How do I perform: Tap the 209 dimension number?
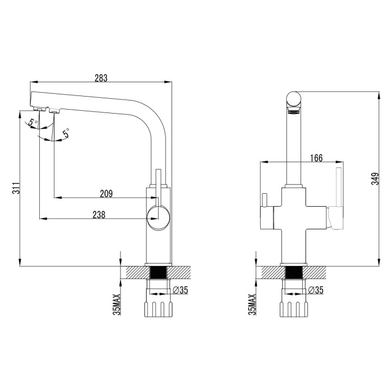coord(106,194)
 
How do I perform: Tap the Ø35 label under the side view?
coord(180,290)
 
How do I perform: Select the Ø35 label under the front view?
coord(315,290)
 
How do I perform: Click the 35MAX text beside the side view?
coord(116,303)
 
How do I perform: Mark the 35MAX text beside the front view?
coord(252,303)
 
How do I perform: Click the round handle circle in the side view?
coord(157,216)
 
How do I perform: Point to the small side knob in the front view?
coord(264,201)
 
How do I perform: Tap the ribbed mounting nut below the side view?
coord(159,308)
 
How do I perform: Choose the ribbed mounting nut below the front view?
coord(294,308)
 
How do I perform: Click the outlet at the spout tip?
coord(39,108)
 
